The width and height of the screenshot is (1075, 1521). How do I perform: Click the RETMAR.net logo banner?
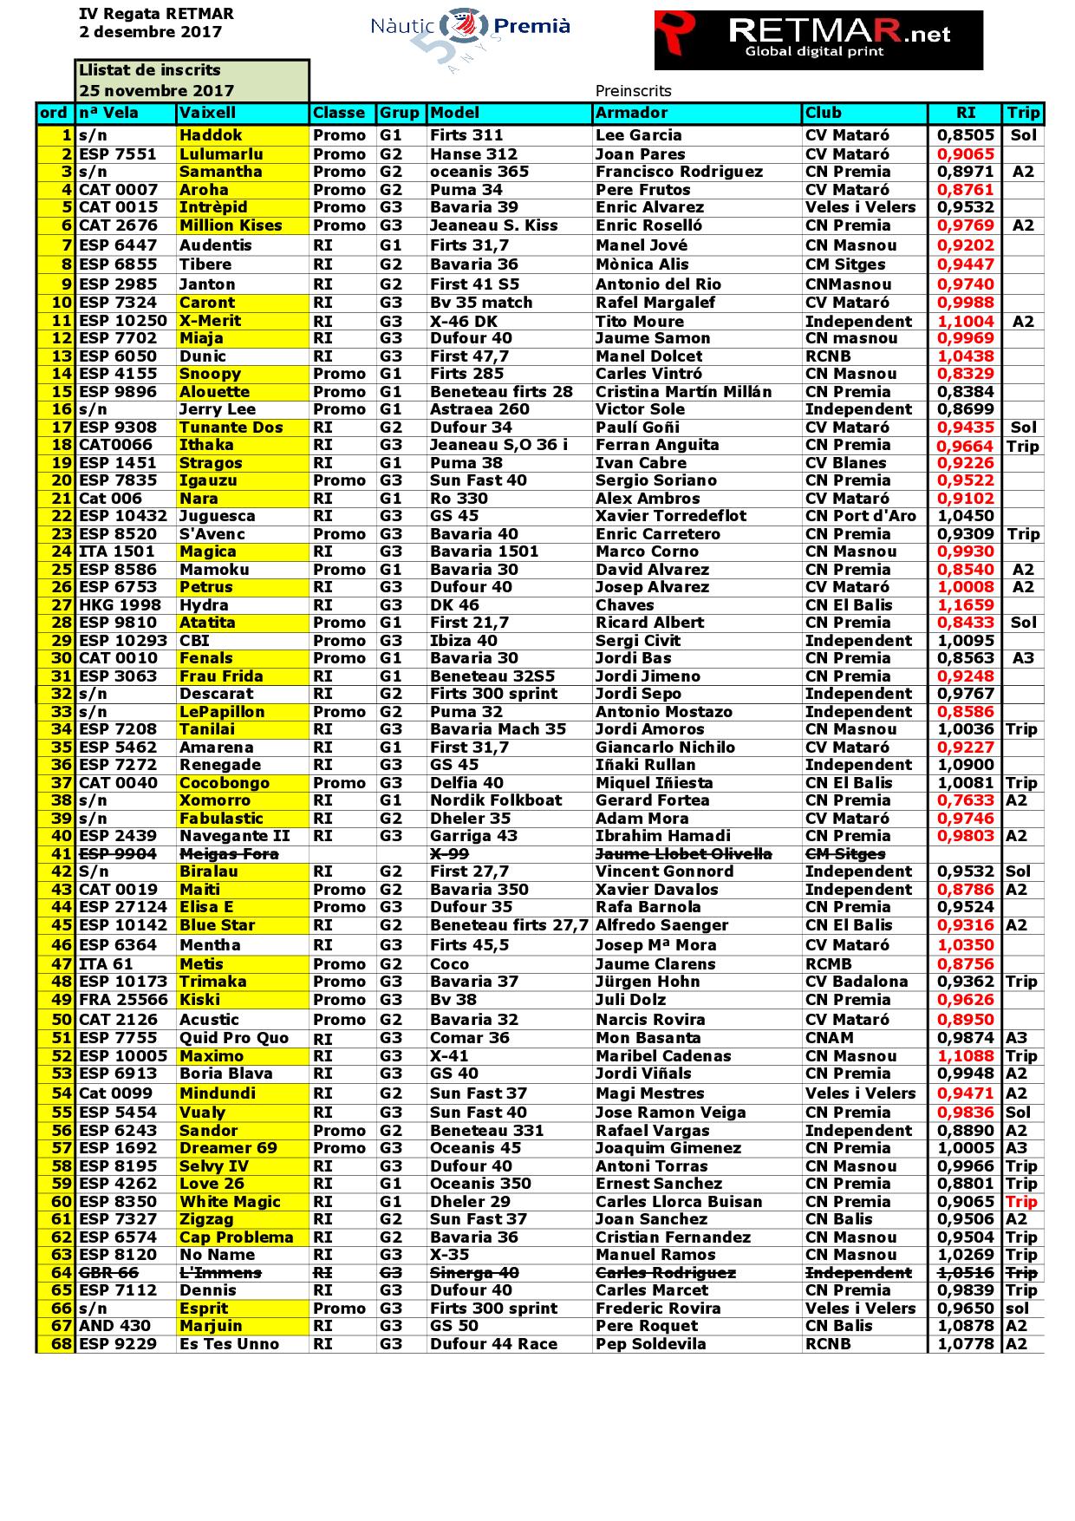(818, 40)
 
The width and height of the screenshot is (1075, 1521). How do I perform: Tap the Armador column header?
(632, 113)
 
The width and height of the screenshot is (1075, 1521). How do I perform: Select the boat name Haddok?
(211, 135)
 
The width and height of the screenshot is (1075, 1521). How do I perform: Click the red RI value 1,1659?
(965, 605)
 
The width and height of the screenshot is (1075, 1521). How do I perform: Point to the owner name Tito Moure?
(640, 322)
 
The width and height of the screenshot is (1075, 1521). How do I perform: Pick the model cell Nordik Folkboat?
(496, 800)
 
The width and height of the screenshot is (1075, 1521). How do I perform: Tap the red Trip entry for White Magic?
(1021, 1202)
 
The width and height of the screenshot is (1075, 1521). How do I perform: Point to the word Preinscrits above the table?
(633, 91)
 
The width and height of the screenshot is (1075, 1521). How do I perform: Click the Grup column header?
(400, 113)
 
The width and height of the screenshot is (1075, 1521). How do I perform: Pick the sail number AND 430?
(114, 1326)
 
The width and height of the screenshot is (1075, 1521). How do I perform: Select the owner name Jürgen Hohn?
(648, 982)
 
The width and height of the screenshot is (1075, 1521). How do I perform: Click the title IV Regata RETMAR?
(156, 15)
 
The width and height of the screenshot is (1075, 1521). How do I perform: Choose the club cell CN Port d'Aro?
(860, 516)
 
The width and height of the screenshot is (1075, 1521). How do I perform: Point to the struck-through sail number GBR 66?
(108, 1273)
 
